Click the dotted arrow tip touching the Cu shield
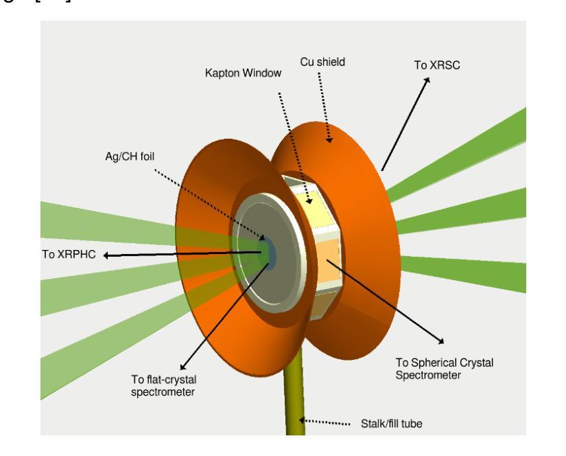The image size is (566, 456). (329, 141)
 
